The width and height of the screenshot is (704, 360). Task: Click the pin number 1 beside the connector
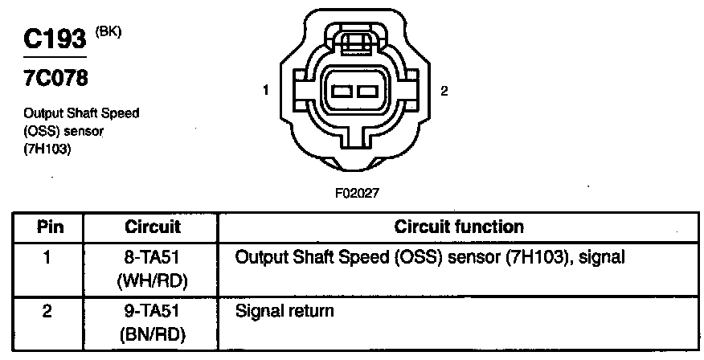click(x=266, y=91)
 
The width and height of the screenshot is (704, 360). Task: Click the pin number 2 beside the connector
click(x=444, y=91)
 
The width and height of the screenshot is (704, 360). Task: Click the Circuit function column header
click(x=459, y=227)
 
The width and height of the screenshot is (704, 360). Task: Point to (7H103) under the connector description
click(x=49, y=147)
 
